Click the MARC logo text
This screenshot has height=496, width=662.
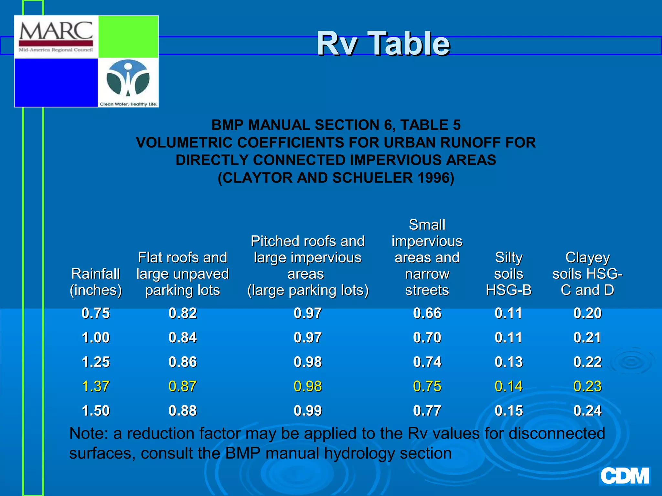click(56, 31)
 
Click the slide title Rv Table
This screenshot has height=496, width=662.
click(383, 43)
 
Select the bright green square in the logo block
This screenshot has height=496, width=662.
click(128, 37)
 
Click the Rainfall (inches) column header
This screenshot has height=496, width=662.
click(96, 282)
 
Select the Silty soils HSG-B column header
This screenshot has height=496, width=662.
click(508, 274)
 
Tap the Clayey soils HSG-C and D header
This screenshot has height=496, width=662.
click(587, 274)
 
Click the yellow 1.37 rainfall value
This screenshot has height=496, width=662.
click(96, 386)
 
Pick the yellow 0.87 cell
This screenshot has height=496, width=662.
click(183, 386)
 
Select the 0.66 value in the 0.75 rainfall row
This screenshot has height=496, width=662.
click(427, 313)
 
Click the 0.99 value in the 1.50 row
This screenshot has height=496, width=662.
click(308, 411)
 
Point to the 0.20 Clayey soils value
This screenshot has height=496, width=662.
click(587, 313)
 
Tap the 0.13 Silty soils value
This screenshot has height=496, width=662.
click(508, 362)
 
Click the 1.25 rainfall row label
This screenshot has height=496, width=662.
click(96, 362)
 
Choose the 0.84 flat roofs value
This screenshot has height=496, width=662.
click(183, 338)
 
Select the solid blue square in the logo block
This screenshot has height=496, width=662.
click(56, 82)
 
